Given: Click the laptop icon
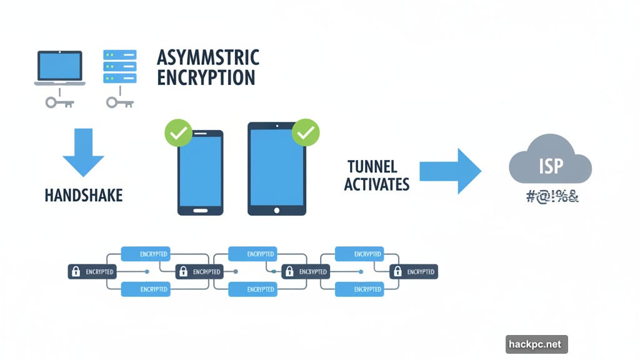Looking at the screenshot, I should (x=59, y=67).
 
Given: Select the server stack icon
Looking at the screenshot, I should (x=119, y=67).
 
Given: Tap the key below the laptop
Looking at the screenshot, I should (x=59, y=101).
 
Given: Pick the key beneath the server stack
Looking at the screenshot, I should (x=119, y=101).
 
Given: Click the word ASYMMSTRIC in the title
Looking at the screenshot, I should (x=207, y=57).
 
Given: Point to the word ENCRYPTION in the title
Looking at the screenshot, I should (x=206, y=77).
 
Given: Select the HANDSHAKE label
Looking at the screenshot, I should (x=84, y=195).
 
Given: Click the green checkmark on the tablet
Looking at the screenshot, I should (x=305, y=132).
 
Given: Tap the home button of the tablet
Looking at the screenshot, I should (x=277, y=210).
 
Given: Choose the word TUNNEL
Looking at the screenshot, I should (x=371, y=167).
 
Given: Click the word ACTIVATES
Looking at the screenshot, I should (x=376, y=184).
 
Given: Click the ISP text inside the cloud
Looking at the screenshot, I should (x=551, y=166).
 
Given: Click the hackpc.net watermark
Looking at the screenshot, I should (x=536, y=344).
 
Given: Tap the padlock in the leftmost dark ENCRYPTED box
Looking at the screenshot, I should (x=76, y=272).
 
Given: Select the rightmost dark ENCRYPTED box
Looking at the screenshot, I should (x=413, y=272).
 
